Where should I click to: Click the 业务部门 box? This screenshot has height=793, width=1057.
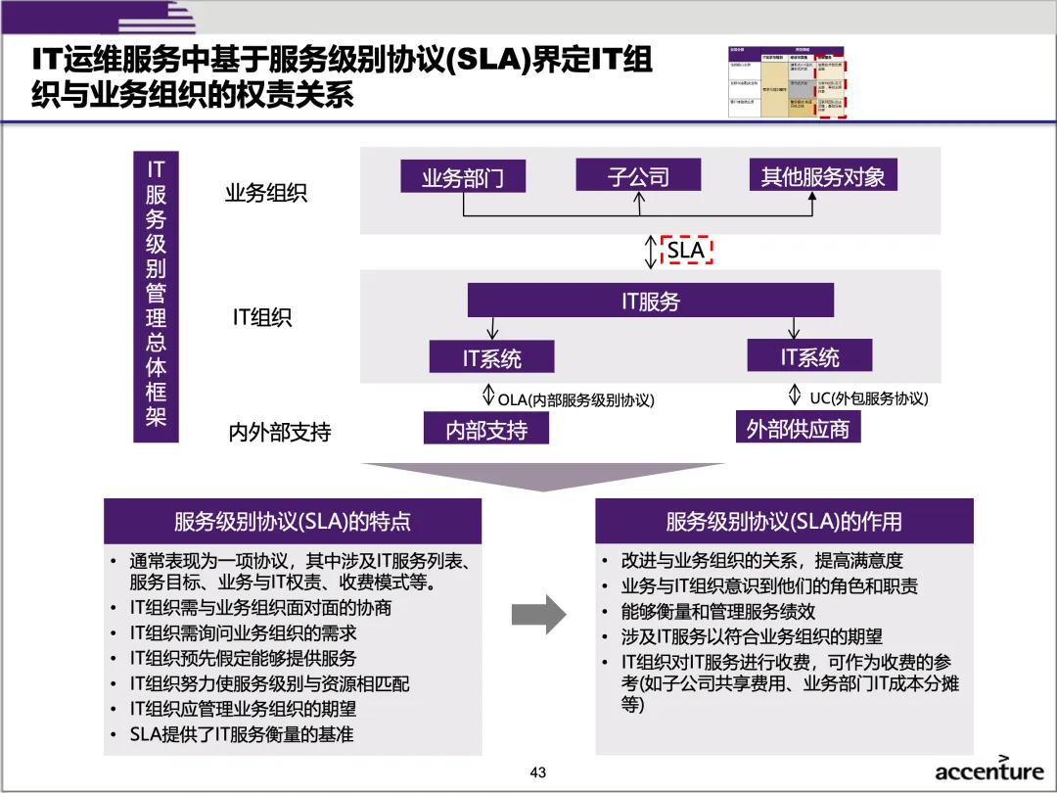(x=462, y=178)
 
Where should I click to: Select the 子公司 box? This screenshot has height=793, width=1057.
(x=638, y=176)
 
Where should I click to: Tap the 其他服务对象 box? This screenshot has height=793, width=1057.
(x=822, y=176)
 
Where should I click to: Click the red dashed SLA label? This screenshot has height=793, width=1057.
(x=686, y=251)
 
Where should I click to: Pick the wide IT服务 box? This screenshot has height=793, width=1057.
(x=650, y=301)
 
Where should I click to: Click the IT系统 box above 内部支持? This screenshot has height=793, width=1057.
(x=491, y=357)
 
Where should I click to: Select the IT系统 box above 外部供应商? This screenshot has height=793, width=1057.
(x=808, y=356)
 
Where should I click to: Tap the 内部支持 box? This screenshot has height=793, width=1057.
(x=485, y=429)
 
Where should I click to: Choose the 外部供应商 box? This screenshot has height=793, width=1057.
(x=798, y=428)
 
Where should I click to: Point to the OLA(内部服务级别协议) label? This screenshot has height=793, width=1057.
(x=575, y=399)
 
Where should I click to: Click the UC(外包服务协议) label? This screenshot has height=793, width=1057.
(x=868, y=398)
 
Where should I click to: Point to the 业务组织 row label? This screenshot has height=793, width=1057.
(x=266, y=193)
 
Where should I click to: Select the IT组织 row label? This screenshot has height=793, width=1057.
(x=261, y=317)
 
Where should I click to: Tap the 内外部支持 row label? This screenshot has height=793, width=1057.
(x=280, y=432)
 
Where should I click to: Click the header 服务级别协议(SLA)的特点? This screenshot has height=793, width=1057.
(x=293, y=521)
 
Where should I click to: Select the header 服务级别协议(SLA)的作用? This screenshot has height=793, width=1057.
(x=784, y=521)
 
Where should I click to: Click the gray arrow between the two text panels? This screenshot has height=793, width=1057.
(x=539, y=615)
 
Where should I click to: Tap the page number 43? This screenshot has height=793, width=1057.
(x=537, y=772)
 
